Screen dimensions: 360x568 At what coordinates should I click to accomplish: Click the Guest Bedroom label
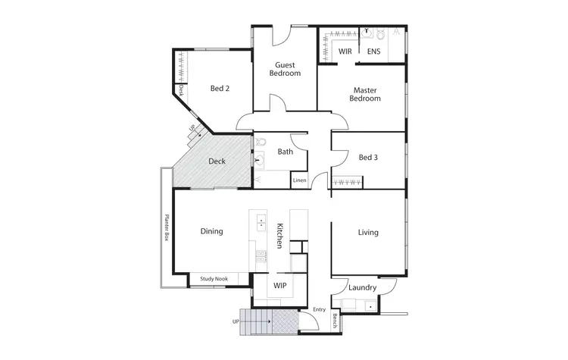point(285,69)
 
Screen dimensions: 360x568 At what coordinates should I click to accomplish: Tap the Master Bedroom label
point(366,94)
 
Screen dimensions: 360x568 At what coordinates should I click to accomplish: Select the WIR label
point(345,52)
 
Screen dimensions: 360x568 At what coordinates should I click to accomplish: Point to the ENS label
point(373,52)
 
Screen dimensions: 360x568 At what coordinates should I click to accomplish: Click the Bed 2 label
point(220,88)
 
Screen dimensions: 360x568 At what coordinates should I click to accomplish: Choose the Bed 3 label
point(368,157)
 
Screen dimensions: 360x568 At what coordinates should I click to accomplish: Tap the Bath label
point(285,152)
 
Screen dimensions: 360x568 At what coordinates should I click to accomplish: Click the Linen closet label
point(300,180)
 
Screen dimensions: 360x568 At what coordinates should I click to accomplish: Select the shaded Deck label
point(217,161)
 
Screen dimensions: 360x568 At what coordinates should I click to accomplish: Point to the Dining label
point(211,231)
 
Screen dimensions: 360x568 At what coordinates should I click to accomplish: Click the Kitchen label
point(279,236)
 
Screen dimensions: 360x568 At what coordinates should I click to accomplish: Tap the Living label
point(368,232)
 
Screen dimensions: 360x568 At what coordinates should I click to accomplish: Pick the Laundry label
point(362,287)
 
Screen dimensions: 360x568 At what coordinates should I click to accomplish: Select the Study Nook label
point(213,279)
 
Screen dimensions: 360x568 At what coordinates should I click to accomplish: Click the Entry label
point(319,309)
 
